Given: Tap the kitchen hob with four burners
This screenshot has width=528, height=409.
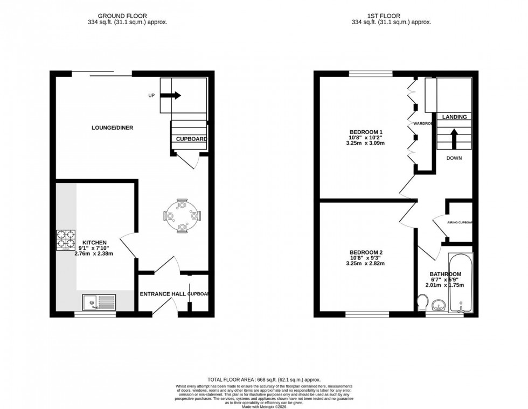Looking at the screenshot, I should click(x=66, y=241).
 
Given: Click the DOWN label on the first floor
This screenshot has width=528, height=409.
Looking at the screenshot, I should click(x=453, y=158).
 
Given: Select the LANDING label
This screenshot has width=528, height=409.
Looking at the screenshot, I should click(x=454, y=117).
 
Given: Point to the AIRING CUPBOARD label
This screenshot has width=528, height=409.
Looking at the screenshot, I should click(x=460, y=222).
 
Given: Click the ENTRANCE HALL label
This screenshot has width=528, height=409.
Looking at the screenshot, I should click(x=163, y=294).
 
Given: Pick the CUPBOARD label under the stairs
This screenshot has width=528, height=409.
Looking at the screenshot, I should click(x=191, y=139).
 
